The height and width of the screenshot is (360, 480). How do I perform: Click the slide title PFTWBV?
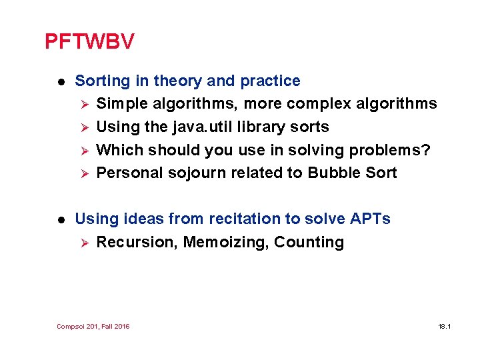tap(89, 42)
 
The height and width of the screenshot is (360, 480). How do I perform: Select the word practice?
tap(270, 81)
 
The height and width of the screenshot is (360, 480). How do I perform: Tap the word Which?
tap(120, 150)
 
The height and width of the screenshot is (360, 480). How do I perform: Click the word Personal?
tap(129, 173)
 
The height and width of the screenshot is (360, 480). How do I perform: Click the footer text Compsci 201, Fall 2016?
tap(93, 327)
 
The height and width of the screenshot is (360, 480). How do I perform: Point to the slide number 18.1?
tap(445, 327)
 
